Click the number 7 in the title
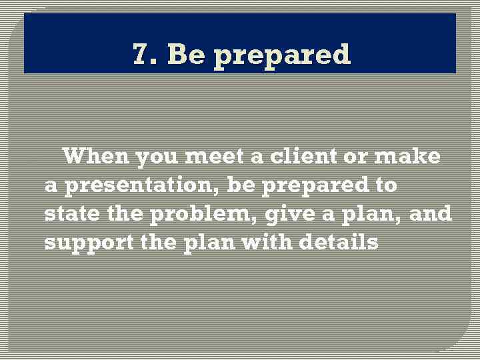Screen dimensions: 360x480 click(x=140, y=54)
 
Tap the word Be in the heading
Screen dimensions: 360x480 click(x=187, y=54)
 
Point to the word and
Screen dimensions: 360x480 click(x=430, y=215)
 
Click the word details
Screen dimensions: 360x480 click(x=339, y=243)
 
